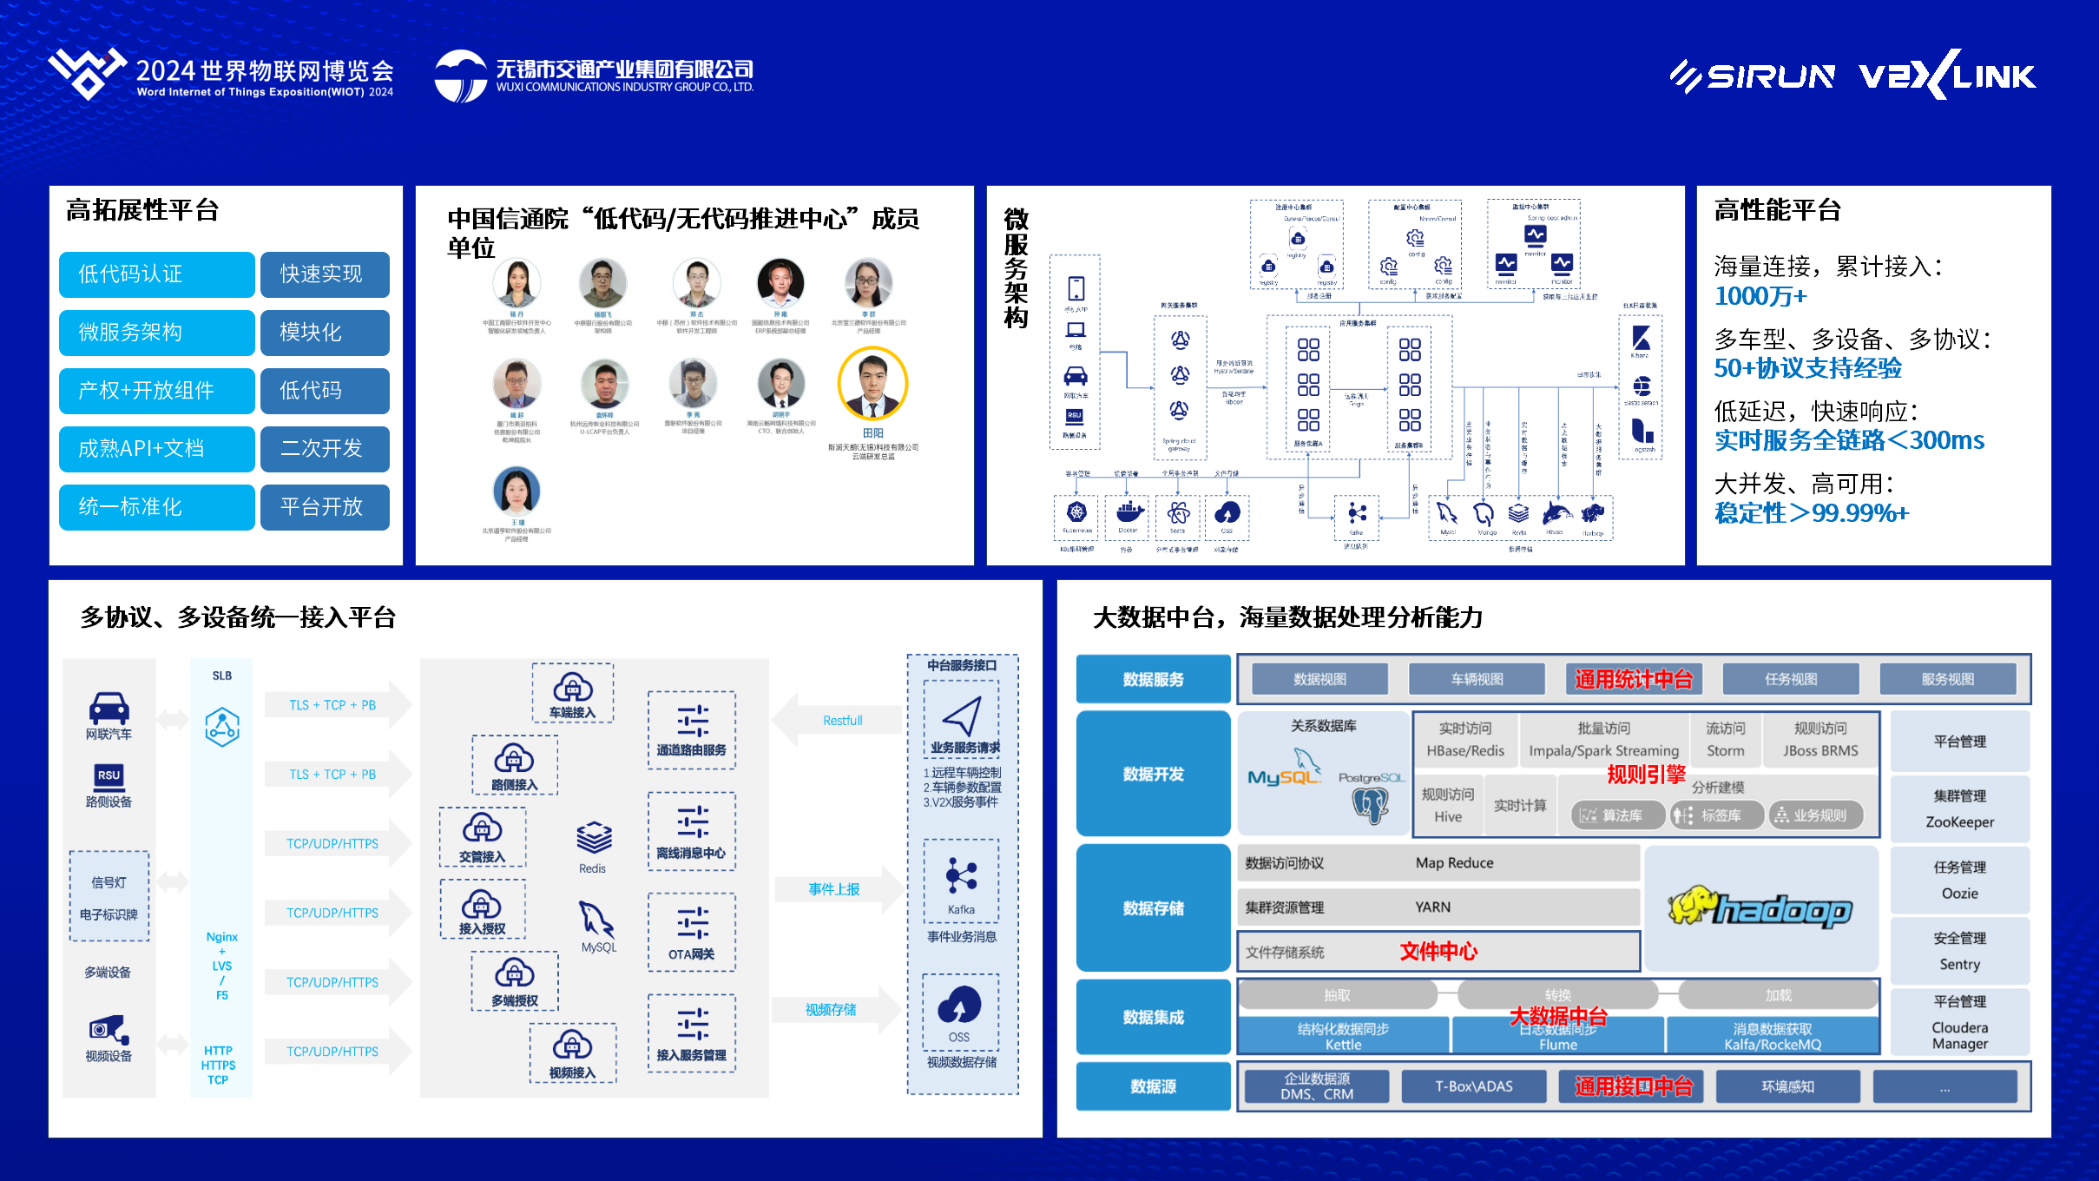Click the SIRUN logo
[1753, 76]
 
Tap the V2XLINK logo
[1947, 76]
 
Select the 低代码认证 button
[156, 274]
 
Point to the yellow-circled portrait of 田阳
[872, 383]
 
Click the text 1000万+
[1760, 296]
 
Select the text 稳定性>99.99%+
[1812, 513]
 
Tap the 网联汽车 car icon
[109, 708]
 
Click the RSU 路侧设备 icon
[109, 775]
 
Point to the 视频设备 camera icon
[109, 1030]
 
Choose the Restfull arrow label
[842, 721]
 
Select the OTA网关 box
[692, 932]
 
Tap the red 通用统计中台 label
[1634, 679]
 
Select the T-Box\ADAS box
[1473, 1086]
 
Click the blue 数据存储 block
[1153, 908]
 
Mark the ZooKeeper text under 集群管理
[1959, 821]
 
